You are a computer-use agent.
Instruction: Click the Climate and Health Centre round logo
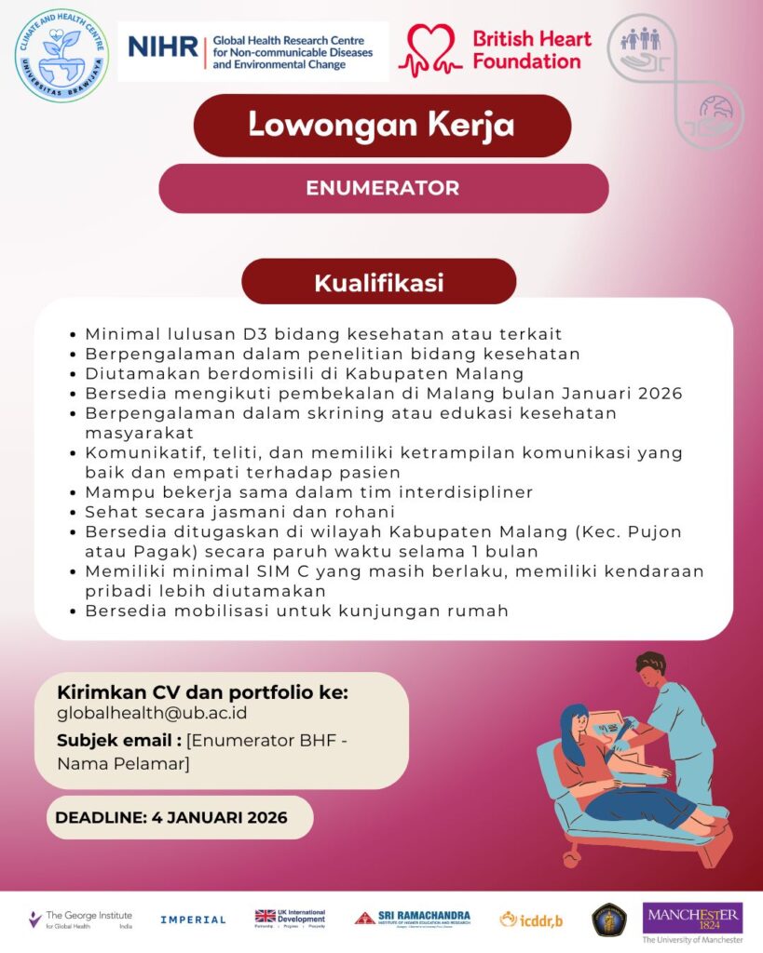point(61,55)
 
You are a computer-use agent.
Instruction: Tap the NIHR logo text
point(164,47)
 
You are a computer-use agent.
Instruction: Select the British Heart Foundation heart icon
point(430,50)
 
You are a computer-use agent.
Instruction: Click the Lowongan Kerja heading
point(381,125)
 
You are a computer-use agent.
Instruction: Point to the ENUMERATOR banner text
point(382,188)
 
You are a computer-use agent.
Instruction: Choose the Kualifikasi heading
point(378,282)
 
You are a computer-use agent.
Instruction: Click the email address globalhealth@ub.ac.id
point(152,714)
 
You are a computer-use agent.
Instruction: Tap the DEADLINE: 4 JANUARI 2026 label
point(171,818)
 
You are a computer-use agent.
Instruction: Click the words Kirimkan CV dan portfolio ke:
point(202,693)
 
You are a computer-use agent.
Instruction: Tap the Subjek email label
point(118,741)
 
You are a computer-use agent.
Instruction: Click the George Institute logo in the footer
point(80,919)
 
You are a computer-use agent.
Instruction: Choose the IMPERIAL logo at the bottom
point(193,919)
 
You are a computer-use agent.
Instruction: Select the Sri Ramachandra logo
point(412,918)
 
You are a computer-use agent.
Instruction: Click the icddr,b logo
point(531,919)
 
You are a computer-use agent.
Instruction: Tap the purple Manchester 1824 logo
point(692,918)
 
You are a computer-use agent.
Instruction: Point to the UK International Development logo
point(290,918)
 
